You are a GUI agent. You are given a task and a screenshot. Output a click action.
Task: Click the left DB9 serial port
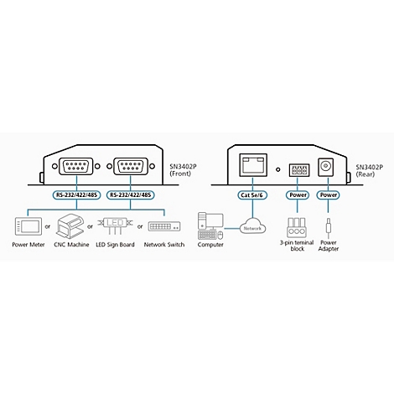pyautogui.click(x=76, y=166)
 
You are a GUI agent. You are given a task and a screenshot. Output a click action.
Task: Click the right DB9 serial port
pyautogui.click(x=131, y=166)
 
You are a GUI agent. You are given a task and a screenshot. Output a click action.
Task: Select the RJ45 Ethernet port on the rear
pyautogui.click(x=253, y=165)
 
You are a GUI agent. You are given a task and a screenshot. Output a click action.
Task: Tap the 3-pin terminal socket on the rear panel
pyautogui.click(x=299, y=170)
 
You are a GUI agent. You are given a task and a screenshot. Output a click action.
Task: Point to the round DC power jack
pyautogui.click(x=325, y=168)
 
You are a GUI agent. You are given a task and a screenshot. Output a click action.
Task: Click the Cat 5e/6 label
pyautogui.click(x=252, y=195)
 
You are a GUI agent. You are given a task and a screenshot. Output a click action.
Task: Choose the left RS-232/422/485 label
pyautogui.click(x=76, y=195)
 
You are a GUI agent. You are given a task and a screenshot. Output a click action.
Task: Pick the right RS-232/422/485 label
pyautogui.click(x=131, y=195)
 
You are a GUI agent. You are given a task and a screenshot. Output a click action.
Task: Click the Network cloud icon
pyautogui.click(x=252, y=226)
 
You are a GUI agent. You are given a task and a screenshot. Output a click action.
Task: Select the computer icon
pyautogui.click(x=210, y=226)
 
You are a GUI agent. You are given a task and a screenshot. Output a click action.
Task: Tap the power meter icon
pyautogui.click(x=28, y=226)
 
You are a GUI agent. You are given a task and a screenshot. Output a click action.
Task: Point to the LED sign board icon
pyautogui.click(x=115, y=226)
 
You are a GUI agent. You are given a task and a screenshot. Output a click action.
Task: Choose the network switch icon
pyautogui.click(x=164, y=226)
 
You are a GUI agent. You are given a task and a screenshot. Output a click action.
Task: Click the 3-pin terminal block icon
pyautogui.click(x=297, y=228)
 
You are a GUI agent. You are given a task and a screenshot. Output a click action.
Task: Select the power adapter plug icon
pyautogui.click(x=329, y=228)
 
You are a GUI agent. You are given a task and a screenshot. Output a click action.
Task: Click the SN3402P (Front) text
pyautogui.click(x=183, y=170)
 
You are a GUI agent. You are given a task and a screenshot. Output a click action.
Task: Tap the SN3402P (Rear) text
pyautogui.click(x=369, y=171)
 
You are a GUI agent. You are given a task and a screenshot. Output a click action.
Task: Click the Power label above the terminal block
pyautogui.click(x=298, y=195)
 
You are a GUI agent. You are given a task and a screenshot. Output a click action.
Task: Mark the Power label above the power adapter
pyautogui.click(x=329, y=195)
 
